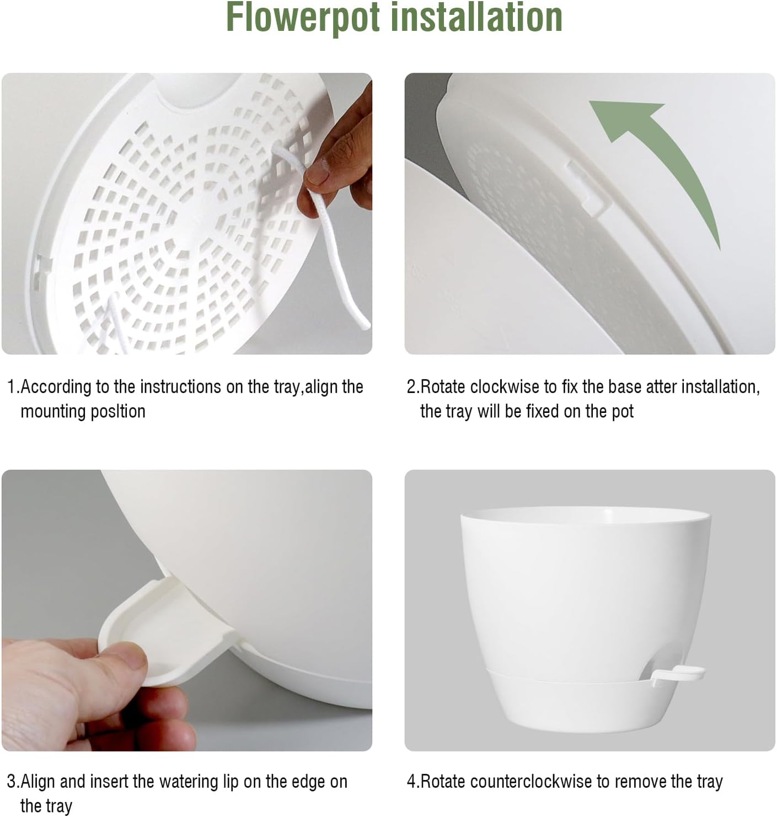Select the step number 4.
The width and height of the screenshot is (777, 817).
[411, 781]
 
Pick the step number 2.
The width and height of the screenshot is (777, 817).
[411, 387]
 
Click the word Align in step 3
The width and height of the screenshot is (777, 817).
[38, 781]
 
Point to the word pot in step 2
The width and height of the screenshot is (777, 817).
[623, 412]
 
